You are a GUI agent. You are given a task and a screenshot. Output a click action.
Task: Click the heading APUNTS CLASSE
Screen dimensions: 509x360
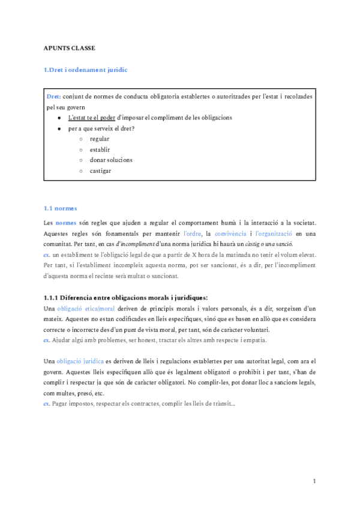point(70,47)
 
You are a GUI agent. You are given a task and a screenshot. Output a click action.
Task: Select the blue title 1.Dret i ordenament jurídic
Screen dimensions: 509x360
point(86,70)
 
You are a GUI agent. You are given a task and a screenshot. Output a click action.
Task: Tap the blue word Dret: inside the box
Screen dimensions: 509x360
point(53,97)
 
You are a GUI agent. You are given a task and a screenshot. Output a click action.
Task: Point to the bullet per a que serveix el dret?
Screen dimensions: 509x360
point(101,128)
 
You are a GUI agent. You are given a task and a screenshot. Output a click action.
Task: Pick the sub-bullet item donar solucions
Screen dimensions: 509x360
point(111,160)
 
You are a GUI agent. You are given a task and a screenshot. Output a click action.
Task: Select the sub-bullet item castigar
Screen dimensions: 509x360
point(100,171)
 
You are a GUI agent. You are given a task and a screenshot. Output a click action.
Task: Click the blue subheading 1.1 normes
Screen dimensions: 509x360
point(61,208)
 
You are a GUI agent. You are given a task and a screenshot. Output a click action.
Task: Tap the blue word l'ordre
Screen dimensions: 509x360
point(192,233)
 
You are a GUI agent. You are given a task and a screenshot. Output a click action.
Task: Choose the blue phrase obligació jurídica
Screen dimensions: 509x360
point(80,361)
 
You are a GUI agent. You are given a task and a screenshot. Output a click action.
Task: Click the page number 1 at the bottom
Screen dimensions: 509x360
point(314,481)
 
